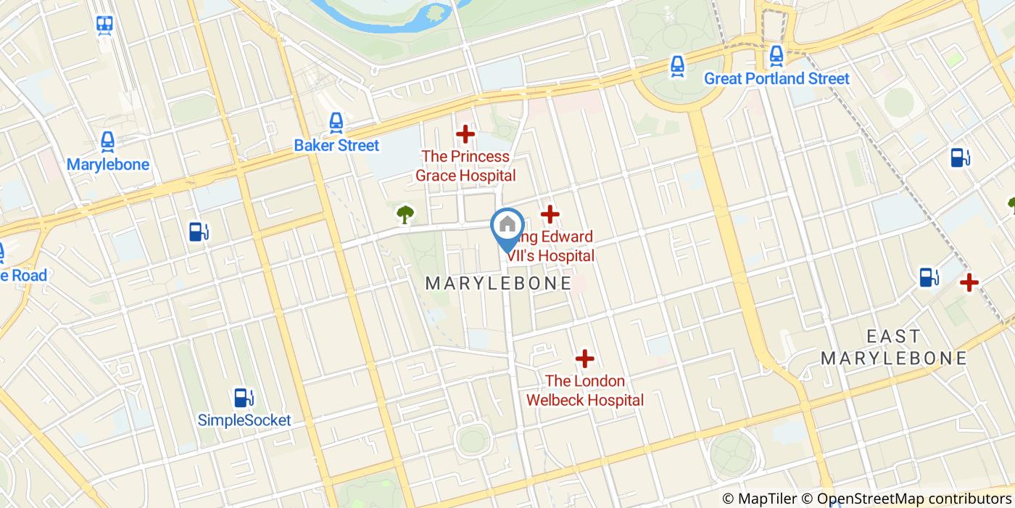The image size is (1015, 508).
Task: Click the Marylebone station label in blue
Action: [108, 165]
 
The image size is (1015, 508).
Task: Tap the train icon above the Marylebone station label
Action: [108, 142]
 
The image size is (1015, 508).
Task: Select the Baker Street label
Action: [336, 145]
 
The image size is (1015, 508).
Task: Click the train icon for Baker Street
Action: [336, 123]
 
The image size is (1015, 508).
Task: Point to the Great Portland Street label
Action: [776, 78]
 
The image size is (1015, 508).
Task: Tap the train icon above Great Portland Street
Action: [776, 55]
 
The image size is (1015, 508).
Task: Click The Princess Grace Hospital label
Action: [465, 166]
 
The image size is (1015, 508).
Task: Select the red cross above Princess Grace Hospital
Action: [465, 134]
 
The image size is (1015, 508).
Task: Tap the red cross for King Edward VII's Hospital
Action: [550, 214]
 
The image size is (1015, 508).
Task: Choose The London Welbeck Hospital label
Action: [584, 390]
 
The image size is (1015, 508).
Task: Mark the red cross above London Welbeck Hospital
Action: [584, 359]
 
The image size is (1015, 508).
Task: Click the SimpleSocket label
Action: [244, 420]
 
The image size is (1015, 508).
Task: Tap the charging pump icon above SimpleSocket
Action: [244, 398]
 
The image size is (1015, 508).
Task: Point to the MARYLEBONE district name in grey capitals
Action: [499, 283]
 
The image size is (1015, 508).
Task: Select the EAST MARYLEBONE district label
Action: [894, 347]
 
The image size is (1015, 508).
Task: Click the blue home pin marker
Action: [507, 226]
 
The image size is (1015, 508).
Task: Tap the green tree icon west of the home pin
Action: [405, 214]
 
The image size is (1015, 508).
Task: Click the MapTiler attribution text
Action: [766, 499]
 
